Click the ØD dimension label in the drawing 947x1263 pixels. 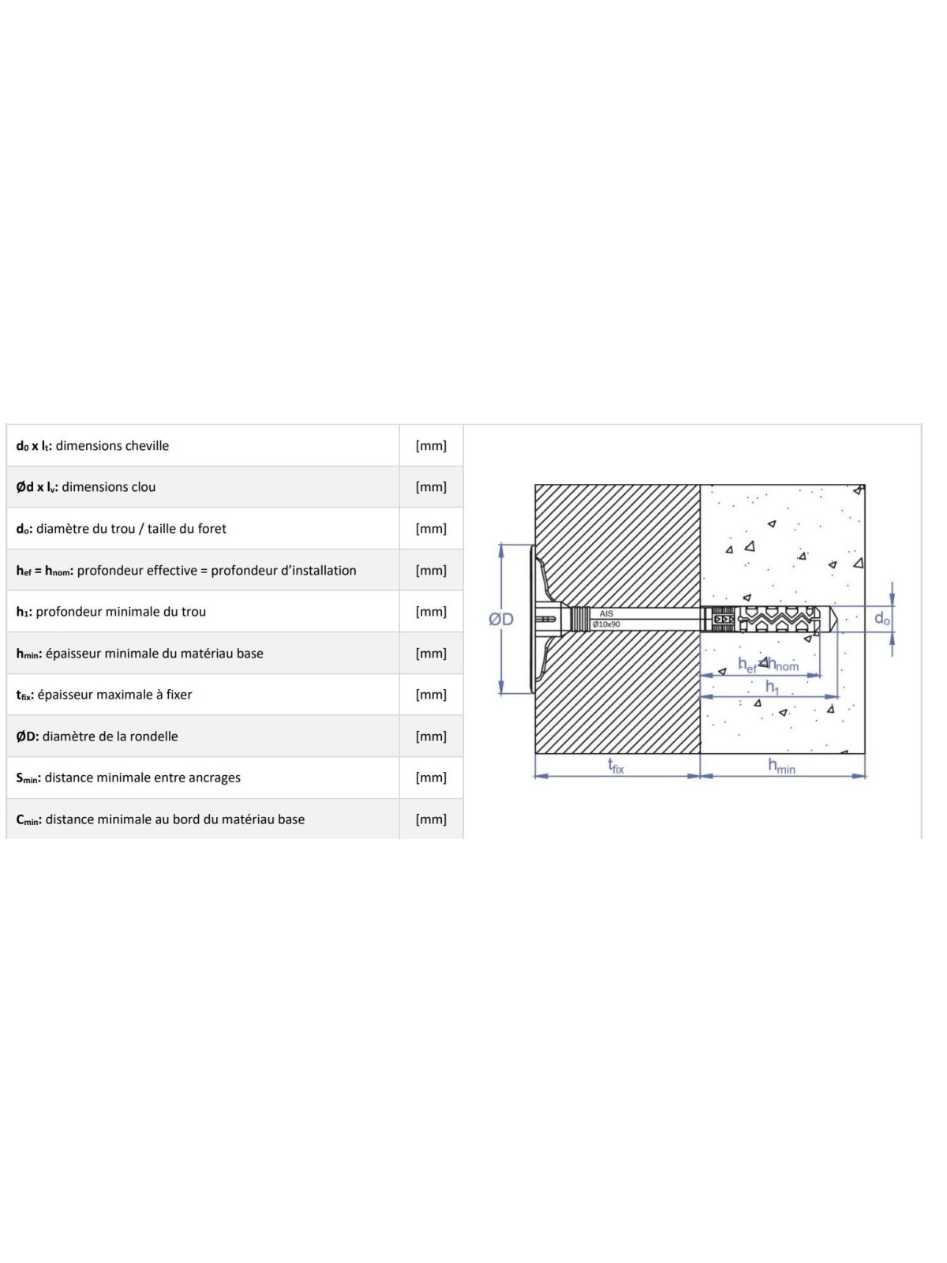click(500, 619)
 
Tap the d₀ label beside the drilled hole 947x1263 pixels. click(882, 619)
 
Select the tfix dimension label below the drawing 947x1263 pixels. click(616, 766)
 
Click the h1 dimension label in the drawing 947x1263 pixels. click(772, 687)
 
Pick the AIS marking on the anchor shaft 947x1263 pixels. click(606, 614)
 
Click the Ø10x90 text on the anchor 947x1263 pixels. click(606, 624)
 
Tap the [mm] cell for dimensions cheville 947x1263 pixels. click(431, 446)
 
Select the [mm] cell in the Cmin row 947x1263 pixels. click(431, 819)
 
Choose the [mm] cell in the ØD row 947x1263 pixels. click(431, 736)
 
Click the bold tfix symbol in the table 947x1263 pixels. click(24, 695)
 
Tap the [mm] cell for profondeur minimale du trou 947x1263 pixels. click(431, 612)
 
